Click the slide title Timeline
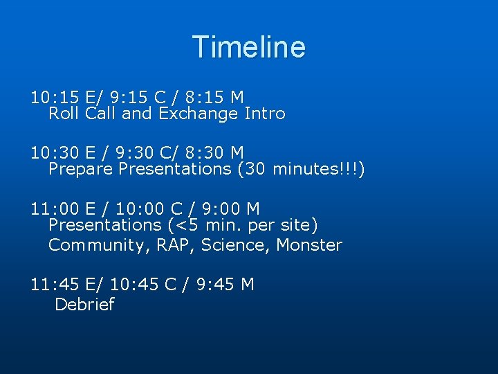pos(249,47)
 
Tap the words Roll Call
pos(82,113)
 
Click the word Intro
pos(265,113)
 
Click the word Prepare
pos(81,168)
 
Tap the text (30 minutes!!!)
pos(300,168)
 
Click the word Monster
pos(309,245)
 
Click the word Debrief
pos(84,305)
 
